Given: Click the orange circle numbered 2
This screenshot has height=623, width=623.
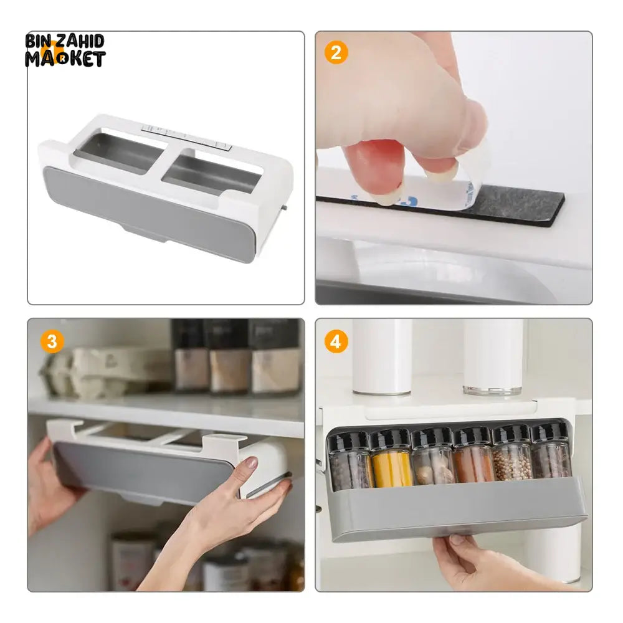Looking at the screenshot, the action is click(336, 52).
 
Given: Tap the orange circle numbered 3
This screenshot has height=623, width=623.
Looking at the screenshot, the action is click(52, 341).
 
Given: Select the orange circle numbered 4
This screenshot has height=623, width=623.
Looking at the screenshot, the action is click(336, 341).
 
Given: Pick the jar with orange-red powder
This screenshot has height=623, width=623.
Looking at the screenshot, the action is click(473, 456).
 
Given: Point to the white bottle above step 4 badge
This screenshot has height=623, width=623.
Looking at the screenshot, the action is click(381, 357).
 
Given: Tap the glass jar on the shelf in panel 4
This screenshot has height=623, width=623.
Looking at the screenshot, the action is click(493, 357).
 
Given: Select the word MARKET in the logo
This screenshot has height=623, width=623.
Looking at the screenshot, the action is click(65, 59).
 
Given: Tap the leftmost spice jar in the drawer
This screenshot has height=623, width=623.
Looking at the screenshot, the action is click(349, 461).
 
